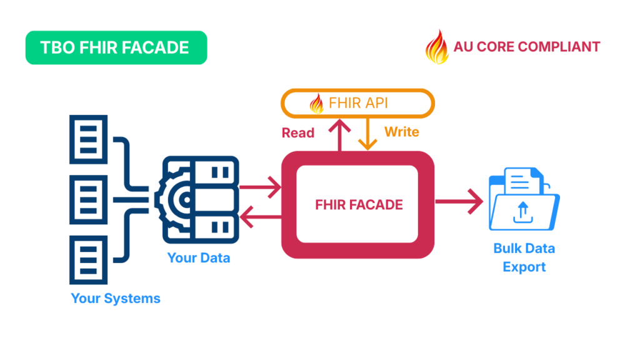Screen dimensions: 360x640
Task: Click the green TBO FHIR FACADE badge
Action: coord(116,47)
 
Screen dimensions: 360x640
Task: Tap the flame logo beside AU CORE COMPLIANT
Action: coord(437,47)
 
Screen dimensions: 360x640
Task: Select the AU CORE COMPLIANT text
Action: coord(527,47)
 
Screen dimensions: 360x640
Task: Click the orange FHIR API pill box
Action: coord(357,103)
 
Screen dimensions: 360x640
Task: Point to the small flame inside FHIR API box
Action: coord(317,102)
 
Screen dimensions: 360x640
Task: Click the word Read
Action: coord(298,132)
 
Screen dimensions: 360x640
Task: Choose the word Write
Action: coord(401,132)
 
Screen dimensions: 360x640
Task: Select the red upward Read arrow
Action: coord(340,136)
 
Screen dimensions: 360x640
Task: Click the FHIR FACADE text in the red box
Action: coord(359,204)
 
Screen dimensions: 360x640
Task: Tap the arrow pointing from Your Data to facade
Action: coord(260,186)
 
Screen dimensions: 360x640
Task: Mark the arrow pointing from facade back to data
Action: coord(260,218)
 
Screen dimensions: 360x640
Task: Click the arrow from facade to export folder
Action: coord(459,202)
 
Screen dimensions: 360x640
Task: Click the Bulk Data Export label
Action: coord(524,257)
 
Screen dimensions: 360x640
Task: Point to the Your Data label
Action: coord(199,257)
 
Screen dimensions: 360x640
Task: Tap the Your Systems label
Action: coord(116,298)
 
